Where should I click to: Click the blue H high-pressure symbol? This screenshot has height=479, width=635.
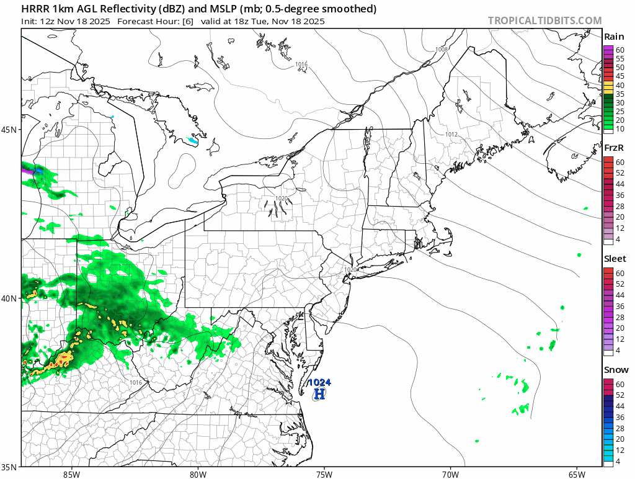[319, 393]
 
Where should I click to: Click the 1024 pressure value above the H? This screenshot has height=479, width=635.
[320, 382]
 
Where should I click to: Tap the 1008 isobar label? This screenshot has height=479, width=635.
[442, 50]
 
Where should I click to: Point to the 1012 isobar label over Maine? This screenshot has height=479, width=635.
[451, 135]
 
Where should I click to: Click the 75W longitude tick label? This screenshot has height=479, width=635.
[324, 474]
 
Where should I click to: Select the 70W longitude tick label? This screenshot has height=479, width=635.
[450, 474]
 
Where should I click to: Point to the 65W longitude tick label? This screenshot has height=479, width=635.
[577, 474]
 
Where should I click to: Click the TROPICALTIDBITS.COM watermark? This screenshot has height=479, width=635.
[544, 20]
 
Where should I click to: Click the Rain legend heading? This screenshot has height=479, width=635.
[614, 37]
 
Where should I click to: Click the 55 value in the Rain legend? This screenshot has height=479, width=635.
[619, 58]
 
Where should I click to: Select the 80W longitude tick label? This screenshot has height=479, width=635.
[198, 474]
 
